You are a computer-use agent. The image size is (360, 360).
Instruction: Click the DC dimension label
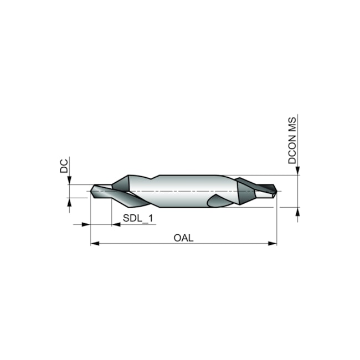(x=64, y=166)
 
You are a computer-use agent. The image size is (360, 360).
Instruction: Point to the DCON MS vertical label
(x=292, y=141)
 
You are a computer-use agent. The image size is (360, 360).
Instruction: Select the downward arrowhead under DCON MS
(x=298, y=171)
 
